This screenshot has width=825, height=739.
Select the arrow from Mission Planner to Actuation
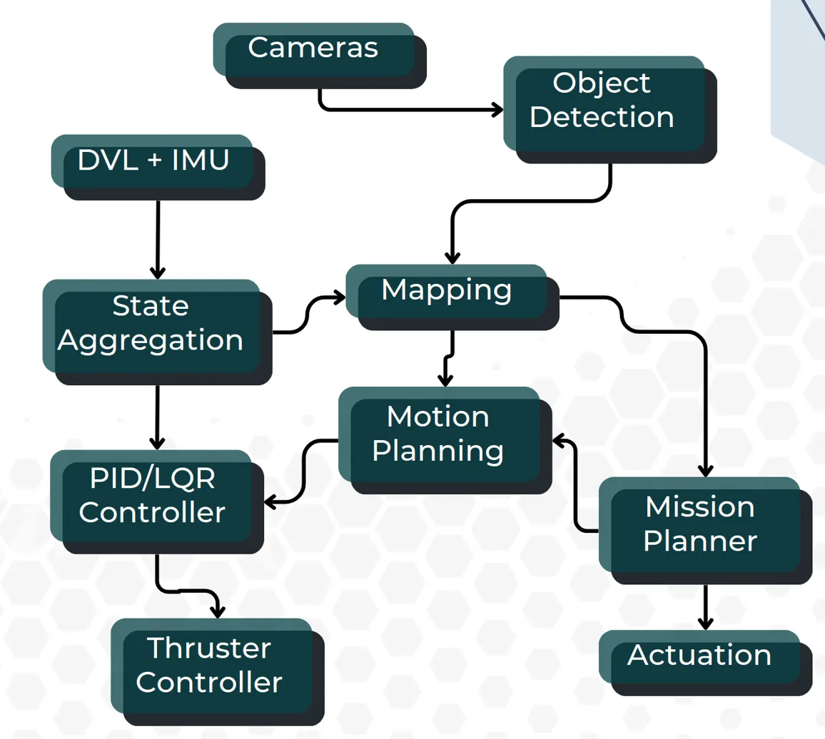(705, 606)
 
